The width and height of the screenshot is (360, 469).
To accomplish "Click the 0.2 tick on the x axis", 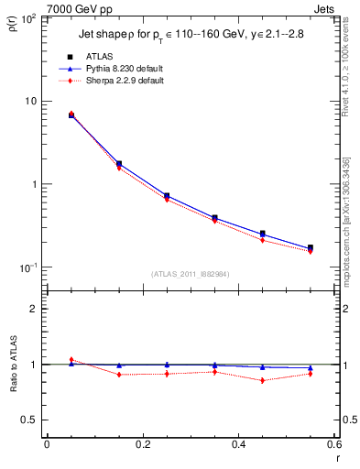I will [x=142, y=444].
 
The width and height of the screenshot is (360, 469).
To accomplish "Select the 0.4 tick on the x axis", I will [x=237, y=444].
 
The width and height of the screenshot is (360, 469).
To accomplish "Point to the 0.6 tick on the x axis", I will [x=333, y=444].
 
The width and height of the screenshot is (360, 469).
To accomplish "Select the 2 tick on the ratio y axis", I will [x=32, y=309].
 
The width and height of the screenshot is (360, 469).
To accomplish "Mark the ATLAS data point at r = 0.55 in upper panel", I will [x=311, y=247].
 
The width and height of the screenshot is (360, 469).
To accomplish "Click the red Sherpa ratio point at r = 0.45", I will [x=263, y=380].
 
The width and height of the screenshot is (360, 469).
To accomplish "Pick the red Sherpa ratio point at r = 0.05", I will [x=71, y=360].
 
